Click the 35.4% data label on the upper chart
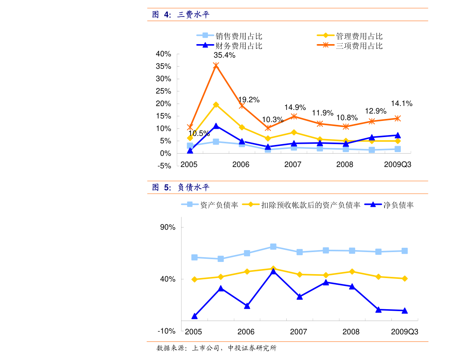[224, 56]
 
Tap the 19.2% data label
[248, 100]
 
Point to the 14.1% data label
[402, 104]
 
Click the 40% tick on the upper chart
[163, 54]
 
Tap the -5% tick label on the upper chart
[164, 166]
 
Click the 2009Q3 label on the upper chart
[397, 165]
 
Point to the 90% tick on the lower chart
[167, 228]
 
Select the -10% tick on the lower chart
[166, 331]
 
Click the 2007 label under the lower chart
[298, 332]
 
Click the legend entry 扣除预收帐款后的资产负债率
[311, 205]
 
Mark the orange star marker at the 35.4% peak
[216, 65]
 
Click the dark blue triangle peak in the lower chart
[273, 271]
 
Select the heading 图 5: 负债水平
[181, 187]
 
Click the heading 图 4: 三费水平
[181, 15]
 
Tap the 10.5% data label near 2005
[199, 134]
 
